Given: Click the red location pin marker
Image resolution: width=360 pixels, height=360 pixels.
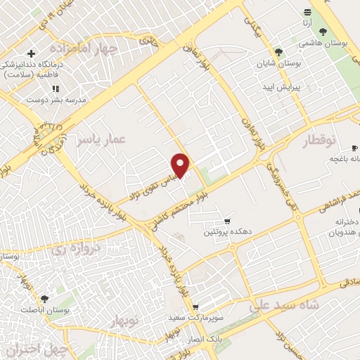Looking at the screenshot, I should pos(181,165).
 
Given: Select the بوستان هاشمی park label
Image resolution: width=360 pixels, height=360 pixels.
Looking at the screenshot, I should pos(323,43).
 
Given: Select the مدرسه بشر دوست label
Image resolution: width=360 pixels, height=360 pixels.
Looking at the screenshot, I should pos(56,100).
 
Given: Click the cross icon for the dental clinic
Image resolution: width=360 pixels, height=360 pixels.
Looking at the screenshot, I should pos(31,53).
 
